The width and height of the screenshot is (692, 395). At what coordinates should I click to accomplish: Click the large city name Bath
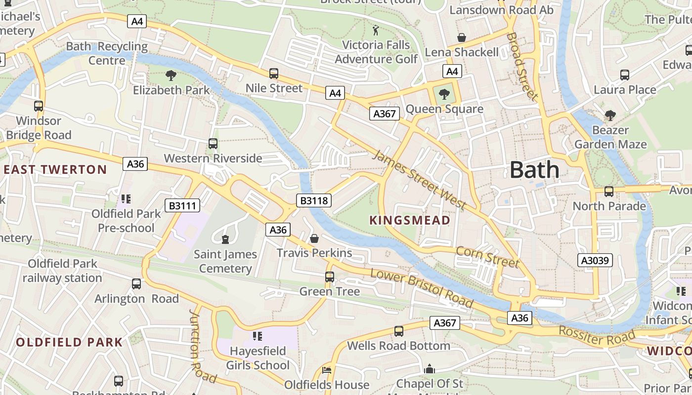click(534, 170)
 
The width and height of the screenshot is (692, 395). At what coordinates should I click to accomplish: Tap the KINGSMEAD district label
click(410, 220)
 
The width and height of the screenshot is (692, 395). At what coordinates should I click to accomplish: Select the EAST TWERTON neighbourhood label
click(55, 170)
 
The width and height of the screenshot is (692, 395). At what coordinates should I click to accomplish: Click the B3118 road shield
click(313, 200)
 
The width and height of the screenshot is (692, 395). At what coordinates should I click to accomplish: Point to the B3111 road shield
click(181, 205)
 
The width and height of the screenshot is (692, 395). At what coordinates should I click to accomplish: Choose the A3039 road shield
click(595, 260)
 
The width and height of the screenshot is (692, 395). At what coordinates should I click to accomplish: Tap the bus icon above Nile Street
click(274, 74)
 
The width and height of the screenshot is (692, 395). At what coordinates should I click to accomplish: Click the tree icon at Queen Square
click(444, 94)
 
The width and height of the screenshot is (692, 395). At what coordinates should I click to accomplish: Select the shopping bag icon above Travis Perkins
click(314, 239)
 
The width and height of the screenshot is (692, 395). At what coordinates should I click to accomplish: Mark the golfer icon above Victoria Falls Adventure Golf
click(376, 31)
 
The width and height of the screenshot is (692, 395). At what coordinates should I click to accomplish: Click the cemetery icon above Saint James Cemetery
click(225, 240)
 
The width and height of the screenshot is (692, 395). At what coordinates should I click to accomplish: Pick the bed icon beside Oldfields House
click(326, 370)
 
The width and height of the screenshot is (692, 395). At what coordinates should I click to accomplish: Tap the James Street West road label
click(419, 180)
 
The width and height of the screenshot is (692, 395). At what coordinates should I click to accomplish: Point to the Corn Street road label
click(487, 257)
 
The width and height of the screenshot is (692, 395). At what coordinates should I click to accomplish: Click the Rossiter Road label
click(597, 336)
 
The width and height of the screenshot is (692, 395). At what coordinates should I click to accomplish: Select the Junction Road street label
click(203, 346)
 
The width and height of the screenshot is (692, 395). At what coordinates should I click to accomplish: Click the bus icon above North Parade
click(609, 192)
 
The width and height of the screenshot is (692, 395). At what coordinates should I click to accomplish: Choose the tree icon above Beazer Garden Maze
click(610, 116)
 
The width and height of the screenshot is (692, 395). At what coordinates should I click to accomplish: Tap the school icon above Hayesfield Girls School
click(257, 337)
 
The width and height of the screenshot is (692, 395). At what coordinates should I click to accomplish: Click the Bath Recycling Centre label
click(107, 53)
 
